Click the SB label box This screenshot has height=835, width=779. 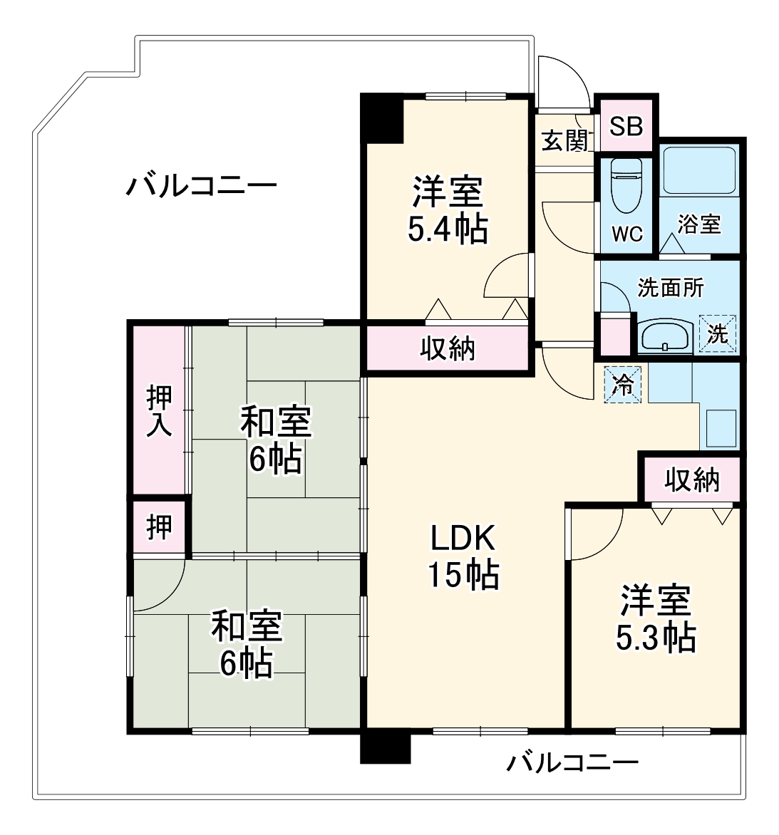point(626,126)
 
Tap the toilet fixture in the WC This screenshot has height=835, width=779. point(627,185)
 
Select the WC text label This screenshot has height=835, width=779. point(627,234)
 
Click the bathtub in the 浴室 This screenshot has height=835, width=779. point(698,170)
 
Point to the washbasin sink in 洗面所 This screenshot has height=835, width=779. point(664,336)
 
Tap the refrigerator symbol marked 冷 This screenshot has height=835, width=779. point(622,385)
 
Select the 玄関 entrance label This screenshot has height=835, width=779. point(565,140)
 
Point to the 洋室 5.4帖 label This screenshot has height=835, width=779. point(448,210)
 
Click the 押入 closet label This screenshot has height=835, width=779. point(159,412)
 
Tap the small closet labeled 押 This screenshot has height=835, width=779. point(159,527)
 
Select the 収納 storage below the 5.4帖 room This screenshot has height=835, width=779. point(447,348)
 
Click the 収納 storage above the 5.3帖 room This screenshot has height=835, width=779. point(692,480)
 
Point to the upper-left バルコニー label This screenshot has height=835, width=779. point(202,187)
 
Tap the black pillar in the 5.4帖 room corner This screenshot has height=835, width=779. point(382,118)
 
